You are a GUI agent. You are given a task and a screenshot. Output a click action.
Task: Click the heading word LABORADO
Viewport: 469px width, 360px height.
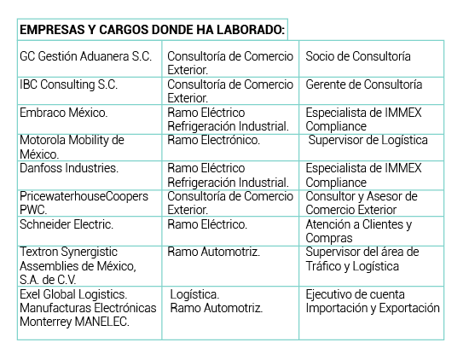click(x=251, y=30)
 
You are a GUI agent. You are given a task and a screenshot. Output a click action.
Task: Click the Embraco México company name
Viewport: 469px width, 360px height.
click(x=64, y=113)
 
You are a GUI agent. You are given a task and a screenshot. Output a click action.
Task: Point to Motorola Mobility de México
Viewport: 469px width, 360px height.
click(x=72, y=147)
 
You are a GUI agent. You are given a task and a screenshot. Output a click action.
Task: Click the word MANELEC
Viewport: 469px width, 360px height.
click(x=102, y=322)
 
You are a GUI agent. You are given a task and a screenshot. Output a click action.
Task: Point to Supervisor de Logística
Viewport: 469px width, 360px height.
click(x=368, y=141)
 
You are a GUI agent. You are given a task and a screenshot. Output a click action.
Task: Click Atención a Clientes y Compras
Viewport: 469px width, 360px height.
click(x=359, y=231)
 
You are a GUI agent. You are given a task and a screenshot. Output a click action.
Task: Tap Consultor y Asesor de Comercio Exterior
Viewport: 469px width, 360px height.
click(x=362, y=203)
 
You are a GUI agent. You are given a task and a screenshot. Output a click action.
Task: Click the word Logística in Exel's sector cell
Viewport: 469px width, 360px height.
click(x=194, y=295)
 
